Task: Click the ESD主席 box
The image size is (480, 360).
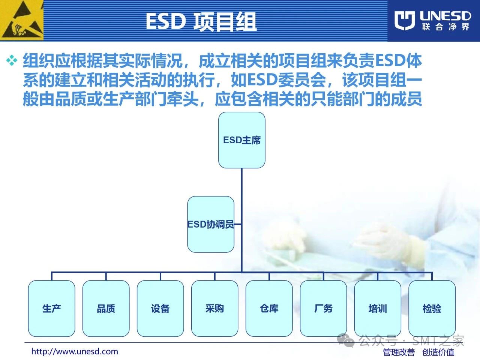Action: point(241,140)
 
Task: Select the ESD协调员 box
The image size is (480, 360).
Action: point(211,224)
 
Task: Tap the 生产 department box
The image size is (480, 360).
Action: point(52,308)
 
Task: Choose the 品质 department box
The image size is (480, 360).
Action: point(106,308)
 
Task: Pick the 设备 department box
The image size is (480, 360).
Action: point(160,308)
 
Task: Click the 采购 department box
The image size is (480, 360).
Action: point(215,308)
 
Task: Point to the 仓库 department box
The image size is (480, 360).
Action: point(269,308)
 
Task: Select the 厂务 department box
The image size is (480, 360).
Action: point(323,308)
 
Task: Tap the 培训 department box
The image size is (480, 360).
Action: point(378,308)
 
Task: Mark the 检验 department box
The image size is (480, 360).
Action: point(432,308)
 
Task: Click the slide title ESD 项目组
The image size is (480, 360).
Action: point(201,21)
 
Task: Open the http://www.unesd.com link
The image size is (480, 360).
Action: point(75,351)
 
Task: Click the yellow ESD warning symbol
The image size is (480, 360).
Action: point(22,20)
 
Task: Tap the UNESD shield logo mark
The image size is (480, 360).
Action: point(405,21)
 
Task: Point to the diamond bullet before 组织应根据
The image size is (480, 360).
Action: point(12,60)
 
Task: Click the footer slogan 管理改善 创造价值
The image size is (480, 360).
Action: point(419,352)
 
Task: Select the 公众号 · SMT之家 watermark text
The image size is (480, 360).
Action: point(411,340)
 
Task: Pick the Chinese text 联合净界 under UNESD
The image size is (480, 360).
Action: point(445,27)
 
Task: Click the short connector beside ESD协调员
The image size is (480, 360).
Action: point(238,224)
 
